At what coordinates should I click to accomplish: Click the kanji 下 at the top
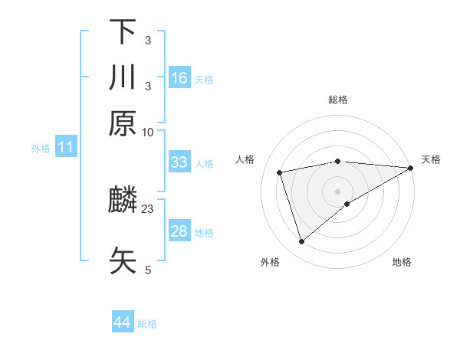[123, 31]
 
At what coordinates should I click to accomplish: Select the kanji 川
[123, 77]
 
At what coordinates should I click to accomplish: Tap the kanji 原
[123, 123]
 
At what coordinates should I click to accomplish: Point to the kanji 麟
[123, 201]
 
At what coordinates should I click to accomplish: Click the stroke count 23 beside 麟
[148, 208]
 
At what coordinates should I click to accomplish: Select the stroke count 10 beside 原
[148, 131]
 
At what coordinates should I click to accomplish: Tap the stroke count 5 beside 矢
[148, 269]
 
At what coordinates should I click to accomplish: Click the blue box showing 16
[179, 77]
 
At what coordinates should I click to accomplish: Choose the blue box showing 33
[179, 162]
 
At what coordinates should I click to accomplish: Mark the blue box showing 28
[179, 231]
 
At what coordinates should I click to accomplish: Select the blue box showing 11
[66, 147]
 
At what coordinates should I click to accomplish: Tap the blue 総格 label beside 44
[147, 324]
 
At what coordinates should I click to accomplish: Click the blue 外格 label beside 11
[40, 149]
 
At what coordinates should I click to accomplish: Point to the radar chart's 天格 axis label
[431, 159]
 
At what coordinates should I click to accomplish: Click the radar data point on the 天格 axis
[411, 168]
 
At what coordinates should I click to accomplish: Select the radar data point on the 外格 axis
[302, 242]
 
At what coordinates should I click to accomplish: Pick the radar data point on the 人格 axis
[280, 172]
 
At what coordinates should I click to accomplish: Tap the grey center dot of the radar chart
[338, 191]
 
